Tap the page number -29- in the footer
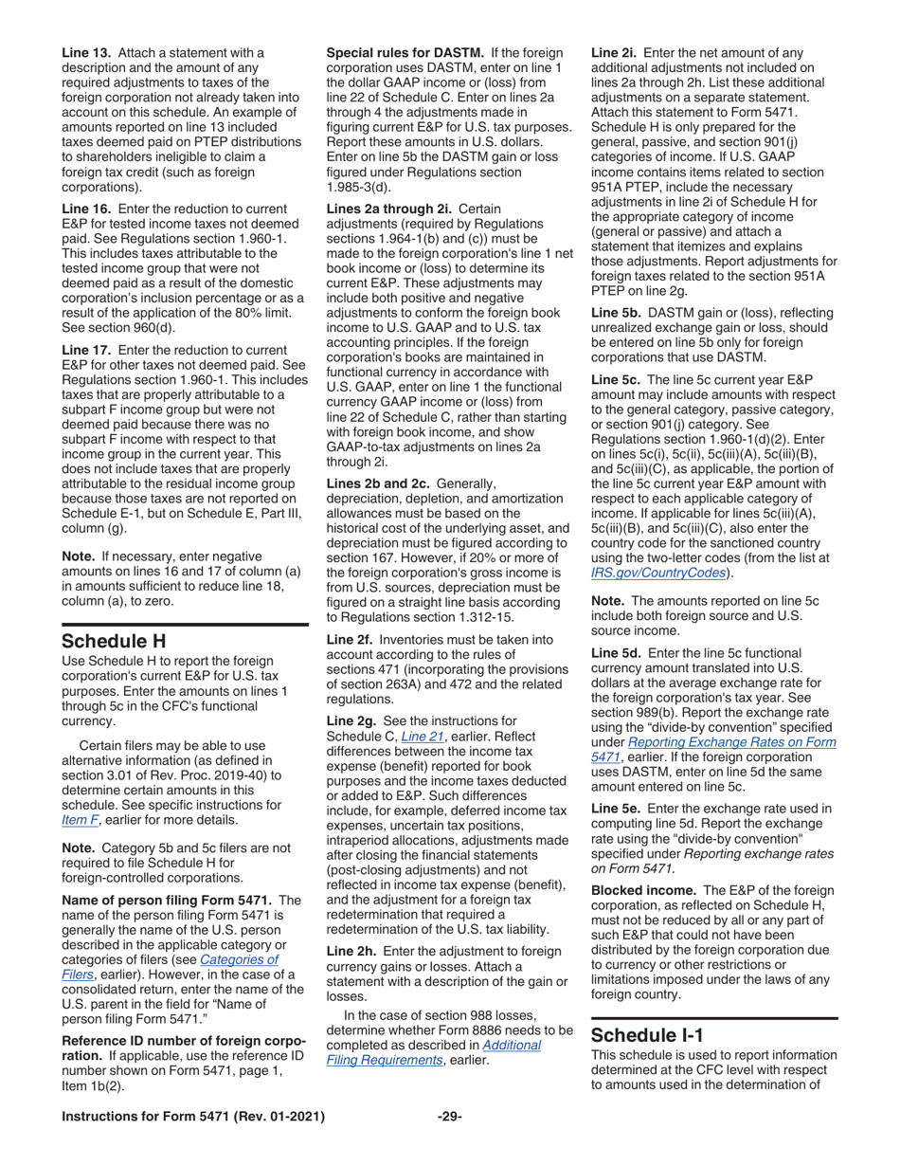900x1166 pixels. pos(449,1117)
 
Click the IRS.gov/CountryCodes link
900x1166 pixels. pos(660,573)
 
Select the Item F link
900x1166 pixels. pos(77,820)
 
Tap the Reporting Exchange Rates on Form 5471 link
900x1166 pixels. pos(713,742)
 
